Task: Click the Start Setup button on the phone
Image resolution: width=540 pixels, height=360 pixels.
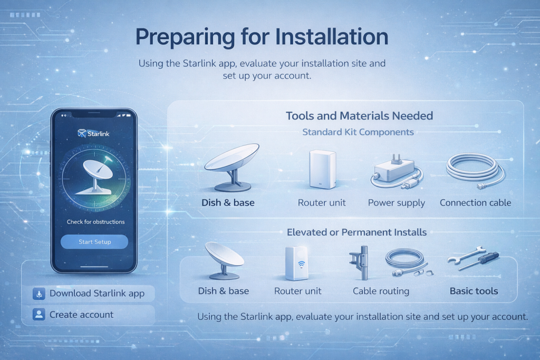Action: click(94, 242)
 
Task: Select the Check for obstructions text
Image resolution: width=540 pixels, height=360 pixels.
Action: click(95, 222)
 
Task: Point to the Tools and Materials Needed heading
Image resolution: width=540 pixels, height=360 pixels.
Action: click(360, 115)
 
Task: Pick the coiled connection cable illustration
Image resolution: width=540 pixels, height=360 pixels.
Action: click(475, 170)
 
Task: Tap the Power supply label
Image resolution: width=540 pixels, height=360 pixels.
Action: click(397, 203)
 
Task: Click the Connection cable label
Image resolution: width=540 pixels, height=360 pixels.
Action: click(475, 203)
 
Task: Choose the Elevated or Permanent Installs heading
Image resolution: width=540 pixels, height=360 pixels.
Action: click(356, 232)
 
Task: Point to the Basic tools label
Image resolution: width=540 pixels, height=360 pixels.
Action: click(474, 291)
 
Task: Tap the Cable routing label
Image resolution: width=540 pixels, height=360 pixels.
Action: click(381, 291)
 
